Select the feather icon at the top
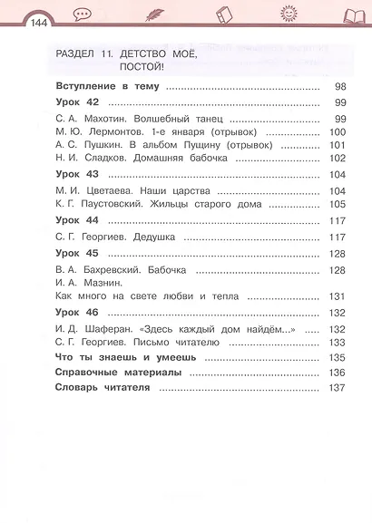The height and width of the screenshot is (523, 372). click(x=152, y=15)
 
